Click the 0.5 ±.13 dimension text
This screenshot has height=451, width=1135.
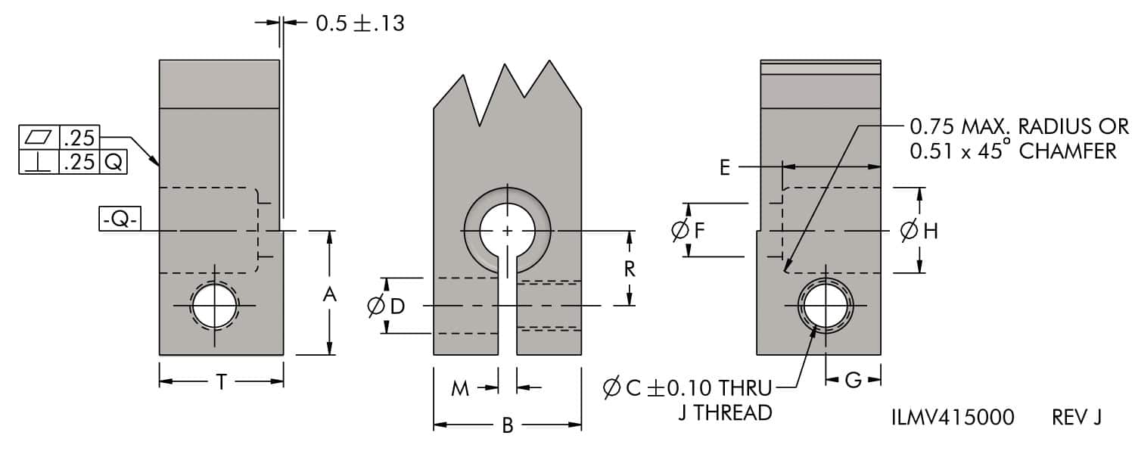[x=359, y=23]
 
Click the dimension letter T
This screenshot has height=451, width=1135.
[x=220, y=383]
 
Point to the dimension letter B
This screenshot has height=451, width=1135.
[x=508, y=426]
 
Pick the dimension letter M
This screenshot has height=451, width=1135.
[x=460, y=389]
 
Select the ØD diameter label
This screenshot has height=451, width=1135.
[x=387, y=306]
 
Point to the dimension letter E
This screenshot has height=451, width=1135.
[x=725, y=167]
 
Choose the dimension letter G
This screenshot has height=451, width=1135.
[x=853, y=381]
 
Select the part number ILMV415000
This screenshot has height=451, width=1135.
[x=953, y=417]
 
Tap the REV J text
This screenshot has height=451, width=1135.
[x=1076, y=417]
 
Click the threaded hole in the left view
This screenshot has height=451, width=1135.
[x=215, y=306]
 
